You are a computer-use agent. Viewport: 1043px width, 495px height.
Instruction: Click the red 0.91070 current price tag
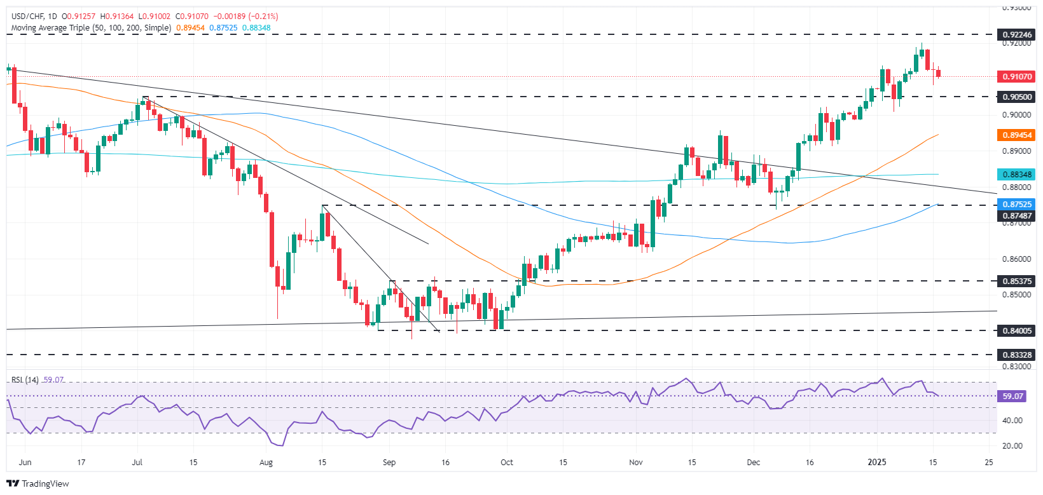click(x=1017, y=76)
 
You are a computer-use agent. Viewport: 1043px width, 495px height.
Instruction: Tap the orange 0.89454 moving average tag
click(x=1017, y=135)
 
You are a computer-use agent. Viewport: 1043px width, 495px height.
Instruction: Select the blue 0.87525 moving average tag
click(x=1017, y=204)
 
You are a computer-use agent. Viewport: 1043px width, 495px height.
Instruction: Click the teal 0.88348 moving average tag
click(x=1017, y=174)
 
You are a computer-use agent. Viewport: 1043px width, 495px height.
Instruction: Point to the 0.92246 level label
click(x=1017, y=34)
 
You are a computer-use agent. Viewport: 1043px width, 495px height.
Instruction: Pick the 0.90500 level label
click(x=1017, y=97)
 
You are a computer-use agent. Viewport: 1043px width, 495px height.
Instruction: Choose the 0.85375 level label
click(x=1017, y=280)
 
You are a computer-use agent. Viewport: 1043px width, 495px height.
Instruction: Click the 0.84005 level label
click(x=1017, y=330)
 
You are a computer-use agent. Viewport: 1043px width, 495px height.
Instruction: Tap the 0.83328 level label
click(x=1017, y=355)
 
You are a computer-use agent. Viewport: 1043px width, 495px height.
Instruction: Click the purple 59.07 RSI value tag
click(x=1012, y=396)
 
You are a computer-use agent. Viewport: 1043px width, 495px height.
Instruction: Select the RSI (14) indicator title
click(x=25, y=380)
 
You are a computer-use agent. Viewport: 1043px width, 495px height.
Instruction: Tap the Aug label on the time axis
click(x=266, y=463)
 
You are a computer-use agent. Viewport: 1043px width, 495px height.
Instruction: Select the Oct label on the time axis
click(x=507, y=463)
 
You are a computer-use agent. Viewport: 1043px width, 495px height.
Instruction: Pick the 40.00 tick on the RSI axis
click(x=1012, y=421)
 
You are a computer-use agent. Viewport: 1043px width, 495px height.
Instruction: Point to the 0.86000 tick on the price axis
click(x=1017, y=259)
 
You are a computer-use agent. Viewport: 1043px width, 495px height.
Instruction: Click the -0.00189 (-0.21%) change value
click(x=245, y=17)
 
